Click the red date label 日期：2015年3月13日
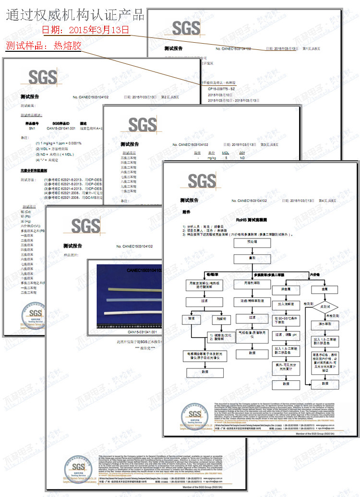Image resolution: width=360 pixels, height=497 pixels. point(86,30)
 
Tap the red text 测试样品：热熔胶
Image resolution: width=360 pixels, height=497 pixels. point(44,46)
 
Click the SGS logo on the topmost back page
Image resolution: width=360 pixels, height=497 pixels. point(186,28)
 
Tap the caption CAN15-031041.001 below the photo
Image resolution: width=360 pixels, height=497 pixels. point(142,332)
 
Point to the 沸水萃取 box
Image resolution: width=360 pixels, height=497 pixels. point(324,324)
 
